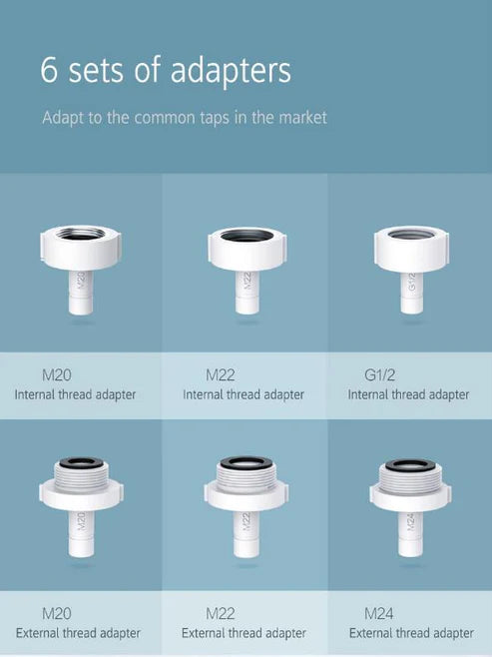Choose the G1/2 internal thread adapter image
tap(410, 266)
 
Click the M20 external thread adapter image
tap(81, 503)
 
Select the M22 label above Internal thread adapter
tap(221, 376)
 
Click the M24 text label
tap(379, 613)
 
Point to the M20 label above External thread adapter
tap(56, 613)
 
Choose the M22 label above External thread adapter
tap(221, 613)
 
